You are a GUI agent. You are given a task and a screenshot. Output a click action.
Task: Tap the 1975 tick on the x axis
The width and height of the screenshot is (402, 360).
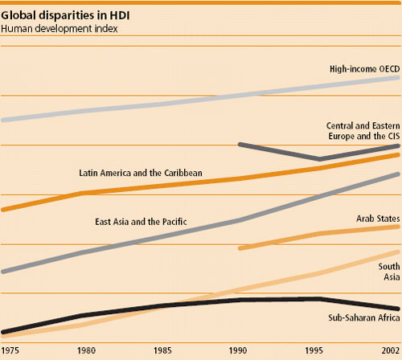click(11, 351)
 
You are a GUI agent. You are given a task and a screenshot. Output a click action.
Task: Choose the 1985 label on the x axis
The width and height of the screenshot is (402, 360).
click(162, 351)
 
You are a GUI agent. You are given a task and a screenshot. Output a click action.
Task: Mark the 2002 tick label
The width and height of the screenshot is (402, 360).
click(389, 351)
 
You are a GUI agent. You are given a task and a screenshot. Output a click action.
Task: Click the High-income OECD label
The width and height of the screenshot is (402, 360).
click(354, 67)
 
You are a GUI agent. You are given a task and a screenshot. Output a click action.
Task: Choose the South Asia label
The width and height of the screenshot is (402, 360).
click(390, 271)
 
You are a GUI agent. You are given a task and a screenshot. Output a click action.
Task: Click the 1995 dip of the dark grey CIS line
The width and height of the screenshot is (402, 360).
click(318, 159)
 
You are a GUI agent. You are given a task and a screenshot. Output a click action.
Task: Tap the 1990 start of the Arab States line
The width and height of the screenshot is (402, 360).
click(240, 248)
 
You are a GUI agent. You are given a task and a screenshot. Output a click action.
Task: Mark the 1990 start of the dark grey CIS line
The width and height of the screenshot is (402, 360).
click(240, 144)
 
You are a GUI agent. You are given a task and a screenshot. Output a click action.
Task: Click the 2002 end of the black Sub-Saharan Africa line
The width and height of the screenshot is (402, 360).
click(398, 309)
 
